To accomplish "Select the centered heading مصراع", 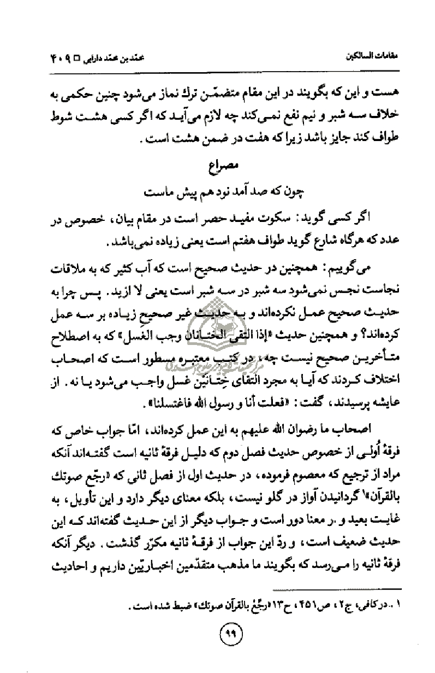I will pos(217,166).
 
